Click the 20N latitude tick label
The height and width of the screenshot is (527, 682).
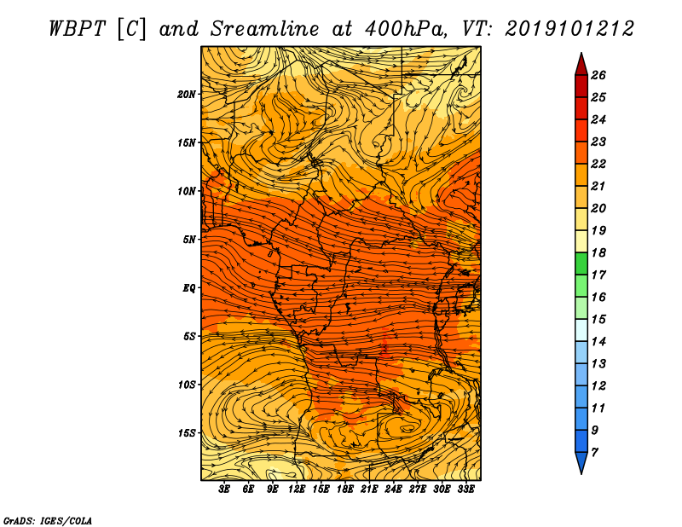point(187,95)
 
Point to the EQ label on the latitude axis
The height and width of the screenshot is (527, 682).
point(188,288)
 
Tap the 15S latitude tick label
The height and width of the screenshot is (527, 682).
point(187,433)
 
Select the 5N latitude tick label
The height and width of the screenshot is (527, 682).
point(189,240)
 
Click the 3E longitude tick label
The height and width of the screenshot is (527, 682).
point(224,489)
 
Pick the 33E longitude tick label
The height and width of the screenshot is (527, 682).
point(465,489)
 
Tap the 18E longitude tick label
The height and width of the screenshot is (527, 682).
point(345,489)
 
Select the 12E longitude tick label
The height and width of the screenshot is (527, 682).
point(297,489)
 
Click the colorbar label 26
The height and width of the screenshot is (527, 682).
point(598,75)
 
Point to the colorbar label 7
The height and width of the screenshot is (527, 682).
point(594,453)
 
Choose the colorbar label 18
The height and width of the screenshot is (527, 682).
point(598,252)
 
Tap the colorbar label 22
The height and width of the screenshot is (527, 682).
point(598,164)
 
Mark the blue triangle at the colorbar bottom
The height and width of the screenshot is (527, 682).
point(581,461)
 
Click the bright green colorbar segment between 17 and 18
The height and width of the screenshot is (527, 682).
point(581,263)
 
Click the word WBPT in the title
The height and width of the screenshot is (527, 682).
point(77,29)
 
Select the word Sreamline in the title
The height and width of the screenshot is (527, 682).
point(265,29)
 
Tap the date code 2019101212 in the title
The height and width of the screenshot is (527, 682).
point(569,29)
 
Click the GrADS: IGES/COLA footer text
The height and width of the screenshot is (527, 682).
point(48,521)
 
